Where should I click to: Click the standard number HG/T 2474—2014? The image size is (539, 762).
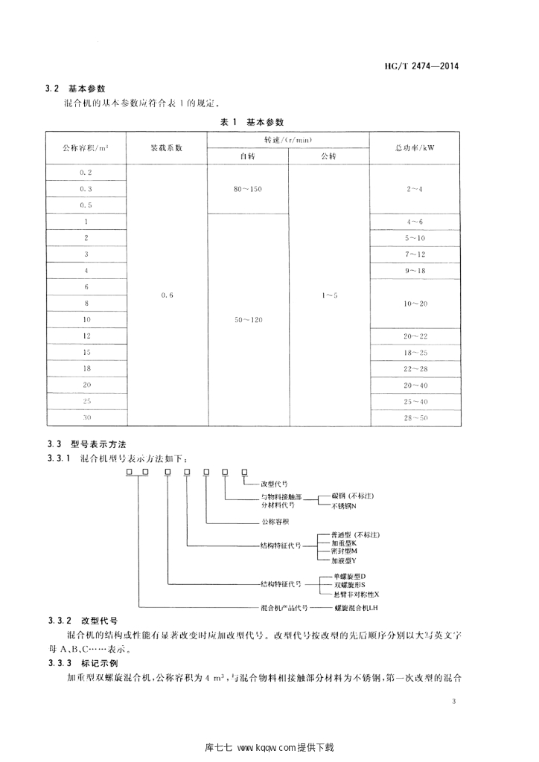(x=421, y=65)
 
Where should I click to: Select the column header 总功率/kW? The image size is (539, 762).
(x=415, y=147)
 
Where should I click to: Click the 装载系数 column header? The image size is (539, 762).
(x=166, y=147)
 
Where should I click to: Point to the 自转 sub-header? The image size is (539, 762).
(x=247, y=156)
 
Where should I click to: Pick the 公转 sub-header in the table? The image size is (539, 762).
(x=329, y=156)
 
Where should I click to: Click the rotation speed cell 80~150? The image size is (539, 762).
(x=247, y=189)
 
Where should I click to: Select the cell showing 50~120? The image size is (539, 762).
(x=247, y=319)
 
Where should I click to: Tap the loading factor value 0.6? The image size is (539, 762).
(x=166, y=295)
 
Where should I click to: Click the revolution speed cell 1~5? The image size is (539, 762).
(x=329, y=295)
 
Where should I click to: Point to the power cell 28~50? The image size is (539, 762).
(x=415, y=417)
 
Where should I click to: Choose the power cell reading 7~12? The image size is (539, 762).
(x=415, y=254)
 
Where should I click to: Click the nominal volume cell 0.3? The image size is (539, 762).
(x=86, y=189)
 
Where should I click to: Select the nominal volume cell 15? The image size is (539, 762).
(x=86, y=352)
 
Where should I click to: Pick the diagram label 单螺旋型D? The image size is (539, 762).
(x=348, y=576)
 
